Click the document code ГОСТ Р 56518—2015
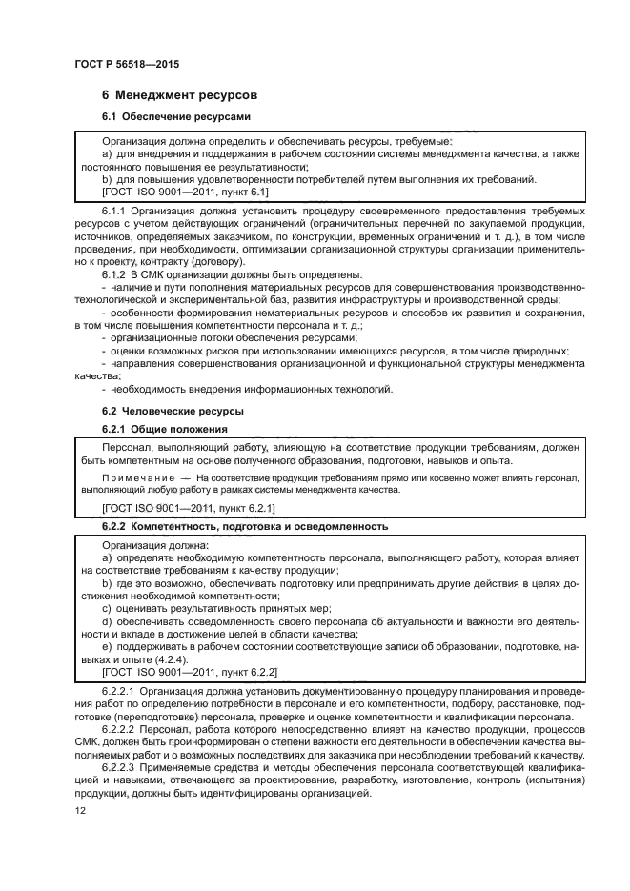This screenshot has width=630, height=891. pyautogui.click(x=126, y=64)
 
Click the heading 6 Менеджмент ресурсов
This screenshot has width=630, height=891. pyautogui.click(x=179, y=96)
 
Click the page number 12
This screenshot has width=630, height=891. pyautogui.click(x=80, y=810)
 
